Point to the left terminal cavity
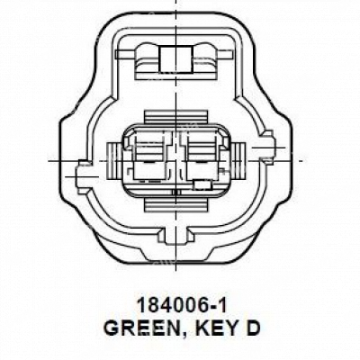point(149,157)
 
